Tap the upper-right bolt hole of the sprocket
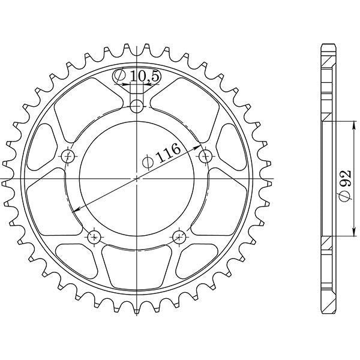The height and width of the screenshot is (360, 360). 206,157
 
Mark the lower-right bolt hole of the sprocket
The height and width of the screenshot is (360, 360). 180,236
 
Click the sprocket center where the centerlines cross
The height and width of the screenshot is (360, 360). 138,178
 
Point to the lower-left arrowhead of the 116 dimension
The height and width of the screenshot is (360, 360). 75,210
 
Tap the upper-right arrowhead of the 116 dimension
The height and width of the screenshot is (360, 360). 200,147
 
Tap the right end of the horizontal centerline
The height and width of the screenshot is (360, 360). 272,179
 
